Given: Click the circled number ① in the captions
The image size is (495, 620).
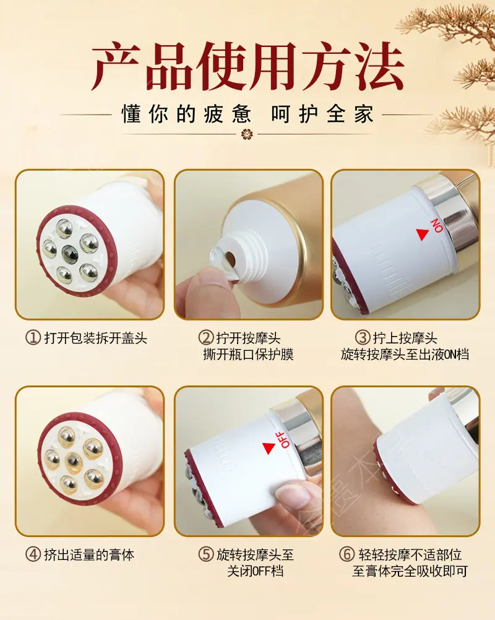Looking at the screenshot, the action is coord(33,338).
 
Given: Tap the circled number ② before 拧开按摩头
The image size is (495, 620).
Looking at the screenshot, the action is coord(206,338).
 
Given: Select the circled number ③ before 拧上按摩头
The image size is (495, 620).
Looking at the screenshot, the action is coord(363,338).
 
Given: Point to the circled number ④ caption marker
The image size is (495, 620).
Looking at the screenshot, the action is coord(33,554).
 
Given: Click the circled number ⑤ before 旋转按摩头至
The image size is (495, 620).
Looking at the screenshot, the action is coord(206,554).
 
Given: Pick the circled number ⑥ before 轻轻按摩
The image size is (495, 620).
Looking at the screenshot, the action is coord(346,554).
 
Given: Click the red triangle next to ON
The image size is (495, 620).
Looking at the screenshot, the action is coord(422,234).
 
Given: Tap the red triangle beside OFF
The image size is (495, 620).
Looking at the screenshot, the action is coord(269,448).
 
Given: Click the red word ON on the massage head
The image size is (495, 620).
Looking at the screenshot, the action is coord(437,225).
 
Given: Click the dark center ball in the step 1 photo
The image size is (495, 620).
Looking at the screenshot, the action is coord(70,253).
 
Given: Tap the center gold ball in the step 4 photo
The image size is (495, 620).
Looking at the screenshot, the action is coord(74,462).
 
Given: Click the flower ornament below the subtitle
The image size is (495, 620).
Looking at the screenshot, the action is coord(247,134).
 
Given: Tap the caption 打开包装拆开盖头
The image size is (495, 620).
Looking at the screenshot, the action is coord(96,338).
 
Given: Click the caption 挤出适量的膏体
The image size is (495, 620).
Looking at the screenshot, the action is coord(89,555).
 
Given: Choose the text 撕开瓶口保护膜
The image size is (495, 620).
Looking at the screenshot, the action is coord(248,355).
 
